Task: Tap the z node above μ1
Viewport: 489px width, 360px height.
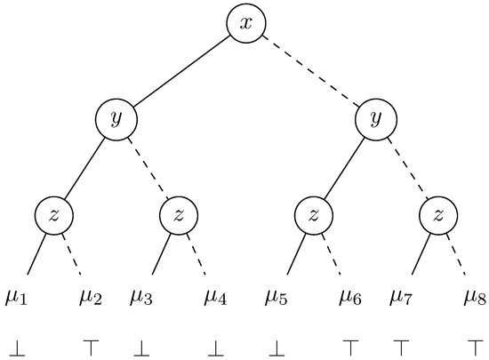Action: (53, 214)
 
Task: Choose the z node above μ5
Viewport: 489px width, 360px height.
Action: (313, 214)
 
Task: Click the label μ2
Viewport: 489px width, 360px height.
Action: (92, 296)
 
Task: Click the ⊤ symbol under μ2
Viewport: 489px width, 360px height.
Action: (91, 342)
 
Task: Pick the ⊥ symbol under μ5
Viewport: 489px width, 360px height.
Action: (277, 342)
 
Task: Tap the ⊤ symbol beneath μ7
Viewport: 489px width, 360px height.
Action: (402, 342)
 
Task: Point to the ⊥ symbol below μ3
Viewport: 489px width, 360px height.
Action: (142, 342)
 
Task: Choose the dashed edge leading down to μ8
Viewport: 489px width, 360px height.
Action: (459, 253)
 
